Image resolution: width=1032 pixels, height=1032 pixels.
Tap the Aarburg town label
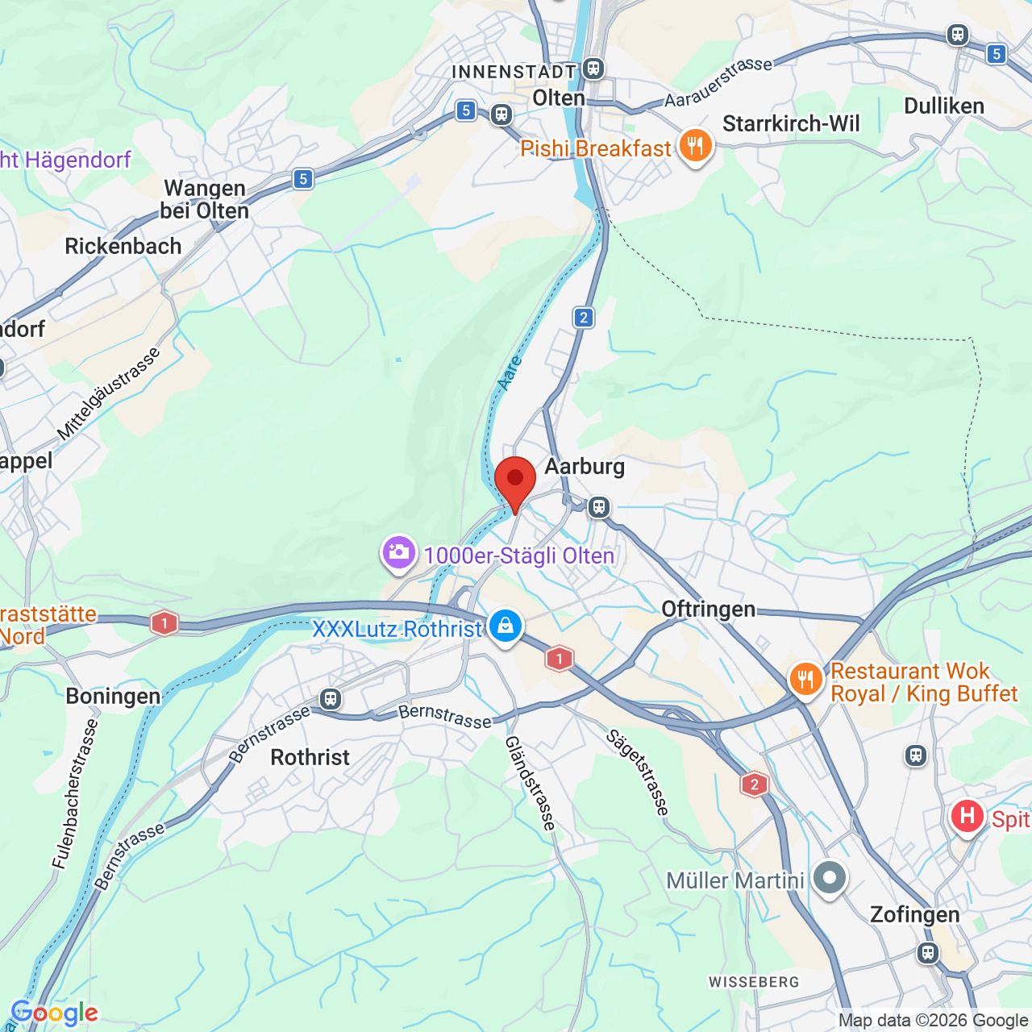coord(585,467)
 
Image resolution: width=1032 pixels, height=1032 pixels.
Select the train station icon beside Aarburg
coord(598,507)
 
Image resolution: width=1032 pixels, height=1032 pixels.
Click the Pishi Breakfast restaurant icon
coord(695,147)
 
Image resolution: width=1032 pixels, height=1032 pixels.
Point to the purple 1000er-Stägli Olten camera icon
coord(398,553)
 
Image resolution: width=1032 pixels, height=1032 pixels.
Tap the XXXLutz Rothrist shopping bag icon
coord(506,626)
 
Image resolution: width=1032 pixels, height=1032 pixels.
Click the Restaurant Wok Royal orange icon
coord(805,680)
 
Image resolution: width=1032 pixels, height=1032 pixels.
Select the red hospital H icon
coord(967,817)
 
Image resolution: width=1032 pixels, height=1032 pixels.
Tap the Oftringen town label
coord(709,609)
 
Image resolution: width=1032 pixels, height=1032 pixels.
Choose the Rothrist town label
coord(310,757)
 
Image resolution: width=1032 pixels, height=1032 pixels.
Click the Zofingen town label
coord(914,914)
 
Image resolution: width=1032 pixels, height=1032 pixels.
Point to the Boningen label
coord(113,696)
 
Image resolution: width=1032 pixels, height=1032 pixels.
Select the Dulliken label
coord(944,106)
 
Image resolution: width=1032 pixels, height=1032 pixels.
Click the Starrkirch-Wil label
coord(791,124)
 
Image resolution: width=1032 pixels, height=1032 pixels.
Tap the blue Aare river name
coord(510,373)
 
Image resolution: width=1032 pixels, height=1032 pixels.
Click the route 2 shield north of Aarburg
coord(584,318)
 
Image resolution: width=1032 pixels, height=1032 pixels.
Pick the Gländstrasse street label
coord(531,783)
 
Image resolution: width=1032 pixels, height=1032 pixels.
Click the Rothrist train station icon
coord(330,698)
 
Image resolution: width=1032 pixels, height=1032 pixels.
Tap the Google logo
coord(55,1013)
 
